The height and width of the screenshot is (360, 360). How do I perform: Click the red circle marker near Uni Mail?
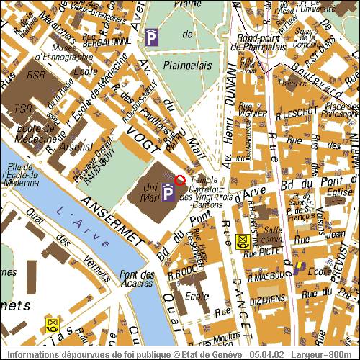coord(179,179)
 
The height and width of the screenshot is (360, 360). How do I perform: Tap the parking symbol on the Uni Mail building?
coord(168,192)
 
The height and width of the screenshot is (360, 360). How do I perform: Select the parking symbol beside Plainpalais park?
coord(151,37)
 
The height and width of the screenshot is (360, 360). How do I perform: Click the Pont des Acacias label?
coord(138,279)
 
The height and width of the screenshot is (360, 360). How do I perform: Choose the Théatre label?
coord(297,83)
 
